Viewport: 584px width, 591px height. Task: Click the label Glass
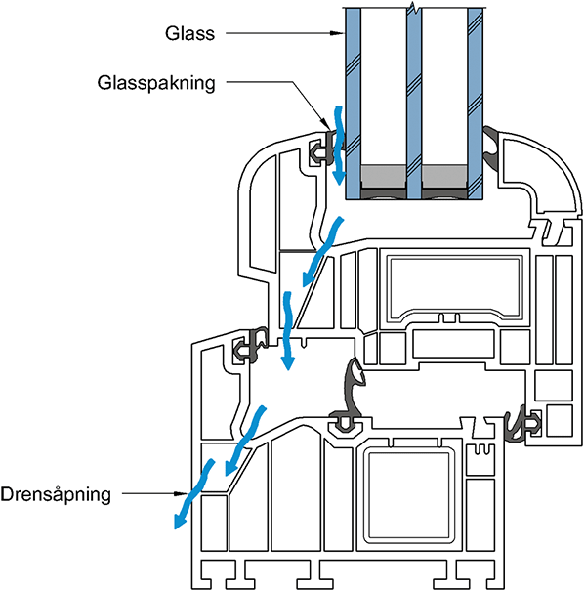(189, 33)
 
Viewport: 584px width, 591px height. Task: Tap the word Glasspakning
(156, 83)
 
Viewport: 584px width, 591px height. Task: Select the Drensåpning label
(56, 494)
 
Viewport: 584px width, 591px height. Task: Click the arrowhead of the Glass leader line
(338, 33)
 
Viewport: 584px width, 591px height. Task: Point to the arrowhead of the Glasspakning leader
(325, 123)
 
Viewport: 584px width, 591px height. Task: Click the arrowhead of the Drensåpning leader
(181, 493)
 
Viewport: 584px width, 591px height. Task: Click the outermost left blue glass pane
(354, 104)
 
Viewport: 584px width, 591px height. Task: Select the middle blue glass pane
(414, 104)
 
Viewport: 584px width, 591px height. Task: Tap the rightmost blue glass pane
(476, 104)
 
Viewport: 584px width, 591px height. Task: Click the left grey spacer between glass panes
(384, 177)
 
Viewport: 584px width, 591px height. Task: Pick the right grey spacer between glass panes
(445, 177)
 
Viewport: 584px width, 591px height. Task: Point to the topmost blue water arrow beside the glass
(338, 146)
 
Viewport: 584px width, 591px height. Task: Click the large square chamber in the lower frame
(409, 495)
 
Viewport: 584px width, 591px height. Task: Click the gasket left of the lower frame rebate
(250, 346)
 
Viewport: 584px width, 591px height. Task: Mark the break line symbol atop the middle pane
(414, 7)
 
